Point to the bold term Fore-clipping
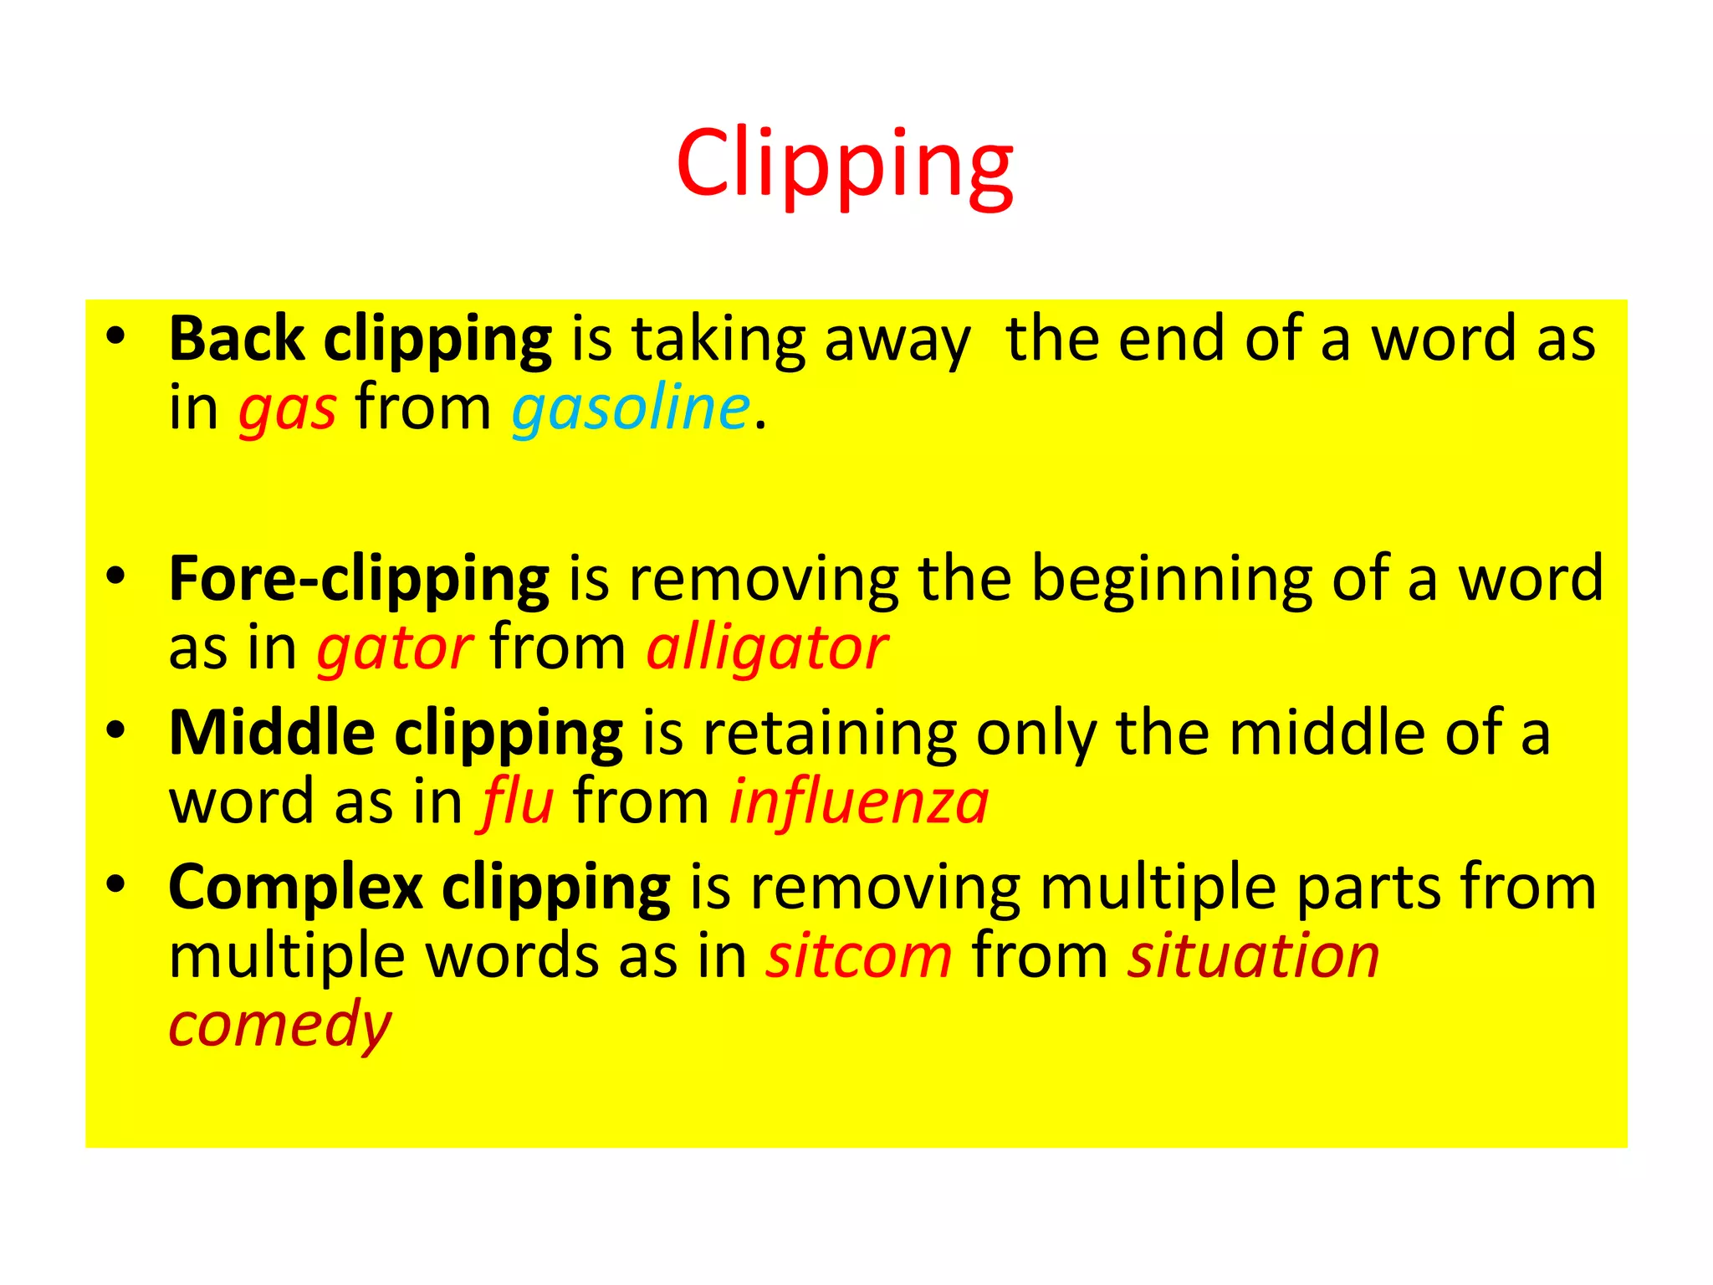tap(359, 579)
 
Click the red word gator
tap(395, 648)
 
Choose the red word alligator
tap(767, 648)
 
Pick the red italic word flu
tap(517, 802)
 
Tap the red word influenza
tap(859, 802)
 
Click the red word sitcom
tap(859, 956)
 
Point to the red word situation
tap(1253, 956)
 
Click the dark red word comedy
tap(279, 1026)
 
